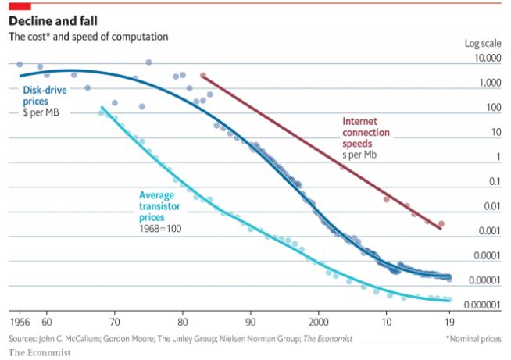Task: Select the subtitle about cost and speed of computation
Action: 88,37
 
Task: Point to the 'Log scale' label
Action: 482,44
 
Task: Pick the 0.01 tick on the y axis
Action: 490,206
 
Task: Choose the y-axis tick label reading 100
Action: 492,108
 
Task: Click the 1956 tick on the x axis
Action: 20,322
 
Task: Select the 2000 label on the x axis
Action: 319,322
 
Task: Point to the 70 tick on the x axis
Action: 114,322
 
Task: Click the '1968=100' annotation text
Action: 158,229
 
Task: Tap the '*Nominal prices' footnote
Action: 473,339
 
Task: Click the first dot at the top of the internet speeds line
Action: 202,76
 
